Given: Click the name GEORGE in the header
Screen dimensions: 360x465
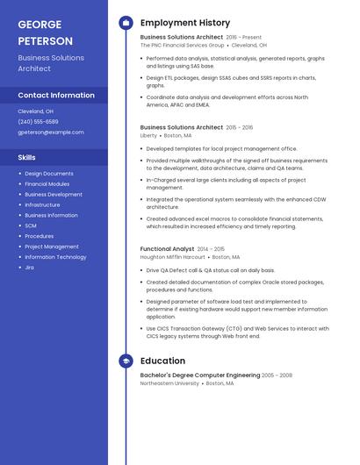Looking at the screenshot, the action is point(40,24).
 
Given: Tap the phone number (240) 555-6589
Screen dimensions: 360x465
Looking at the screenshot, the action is point(39,122).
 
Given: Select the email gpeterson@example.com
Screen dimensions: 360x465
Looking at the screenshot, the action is point(51,132).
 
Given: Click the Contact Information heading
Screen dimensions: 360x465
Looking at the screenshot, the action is point(56,96).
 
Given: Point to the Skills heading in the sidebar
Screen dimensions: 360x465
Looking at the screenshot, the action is point(27,157).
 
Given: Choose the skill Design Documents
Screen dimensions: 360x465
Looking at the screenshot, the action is point(49,174).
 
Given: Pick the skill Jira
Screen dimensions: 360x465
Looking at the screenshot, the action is point(30,268).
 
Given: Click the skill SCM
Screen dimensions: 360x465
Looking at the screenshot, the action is point(31,225).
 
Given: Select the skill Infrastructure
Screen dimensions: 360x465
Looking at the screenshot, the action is point(43,204).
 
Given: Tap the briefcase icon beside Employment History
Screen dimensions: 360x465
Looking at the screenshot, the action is point(126,23).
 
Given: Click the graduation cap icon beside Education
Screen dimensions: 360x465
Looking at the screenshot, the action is point(126,361).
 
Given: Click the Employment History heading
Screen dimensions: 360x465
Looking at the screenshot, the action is point(185,23).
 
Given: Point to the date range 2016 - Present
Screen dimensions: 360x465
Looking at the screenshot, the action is point(244,38).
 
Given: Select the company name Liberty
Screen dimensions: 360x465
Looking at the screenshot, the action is point(148,136).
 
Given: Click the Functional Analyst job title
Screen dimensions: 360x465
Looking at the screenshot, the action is point(167,249).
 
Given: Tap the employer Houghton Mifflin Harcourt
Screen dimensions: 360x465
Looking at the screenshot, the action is point(172,258).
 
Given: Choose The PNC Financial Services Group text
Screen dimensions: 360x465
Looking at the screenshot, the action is point(183,46).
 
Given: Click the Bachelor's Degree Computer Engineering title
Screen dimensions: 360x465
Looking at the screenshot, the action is point(199,375).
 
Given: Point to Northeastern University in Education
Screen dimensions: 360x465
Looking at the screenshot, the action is point(169,383).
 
